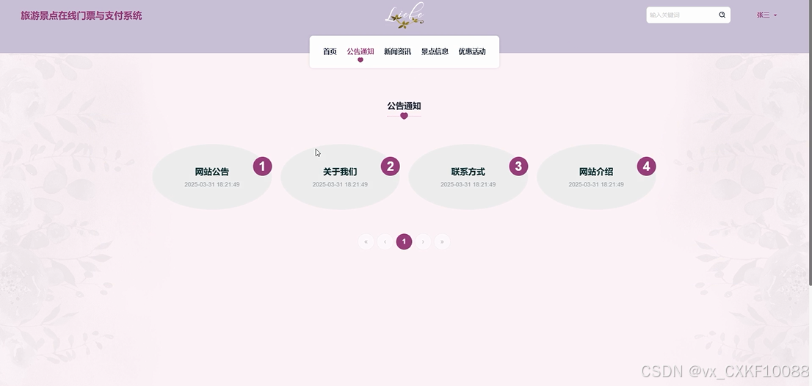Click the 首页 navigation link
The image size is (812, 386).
pyautogui.click(x=330, y=51)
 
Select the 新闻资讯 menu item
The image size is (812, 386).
pyautogui.click(x=397, y=51)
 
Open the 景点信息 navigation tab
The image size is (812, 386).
pyautogui.click(x=435, y=51)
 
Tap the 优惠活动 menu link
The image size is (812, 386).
pyautogui.click(x=472, y=51)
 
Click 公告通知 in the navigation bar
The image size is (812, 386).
pyautogui.click(x=360, y=51)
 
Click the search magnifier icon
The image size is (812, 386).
pyautogui.click(x=722, y=15)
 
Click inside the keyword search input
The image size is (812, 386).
pyautogui.click(x=679, y=15)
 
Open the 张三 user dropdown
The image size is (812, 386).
pyautogui.click(x=766, y=15)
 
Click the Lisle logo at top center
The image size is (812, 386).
pyautogui.click(x=405, y=15)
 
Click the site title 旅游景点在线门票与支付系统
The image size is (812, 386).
pyautogui.click(x=81, y=15)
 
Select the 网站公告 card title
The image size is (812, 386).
pyautogui.click(x=212, y=172)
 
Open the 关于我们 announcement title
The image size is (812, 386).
pyautogui.click(x=340, y=172)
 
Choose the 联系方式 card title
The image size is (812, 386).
pyautogui.click(x=468, y=172)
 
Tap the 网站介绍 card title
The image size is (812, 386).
pyautogui.click(x=596, y=172)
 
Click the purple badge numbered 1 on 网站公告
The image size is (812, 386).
pyautogui.click(x=263, y=167)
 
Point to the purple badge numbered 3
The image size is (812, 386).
pyautogui.click(x=518, y=167)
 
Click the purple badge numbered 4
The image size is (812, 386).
pyautogui.click(x=646, y=167)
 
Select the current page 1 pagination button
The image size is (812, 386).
pyautogui.click(x=404, y=241)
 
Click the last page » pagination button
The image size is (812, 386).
pyautogui.click(x=442, y=241)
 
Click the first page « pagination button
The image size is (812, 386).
pyautogui.click(x=366, y=241)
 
